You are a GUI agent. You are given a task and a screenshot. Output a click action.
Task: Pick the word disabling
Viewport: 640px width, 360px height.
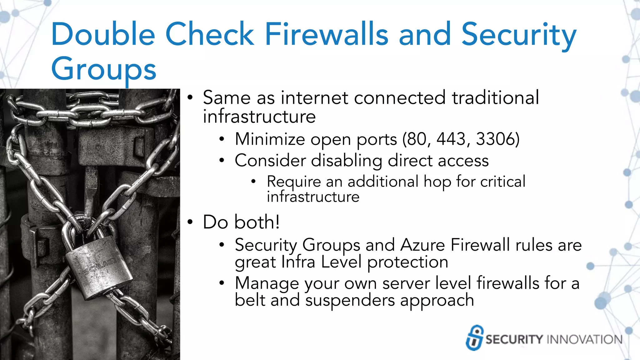[347, 161]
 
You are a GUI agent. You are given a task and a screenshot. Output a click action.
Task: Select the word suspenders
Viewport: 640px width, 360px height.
[350, 301]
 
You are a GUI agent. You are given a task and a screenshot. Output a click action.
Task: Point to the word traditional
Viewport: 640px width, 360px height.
[495, 97]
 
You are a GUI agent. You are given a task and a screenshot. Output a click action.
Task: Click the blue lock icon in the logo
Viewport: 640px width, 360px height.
[474, 338]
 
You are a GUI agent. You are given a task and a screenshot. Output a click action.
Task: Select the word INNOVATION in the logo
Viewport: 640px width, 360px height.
[585, 339]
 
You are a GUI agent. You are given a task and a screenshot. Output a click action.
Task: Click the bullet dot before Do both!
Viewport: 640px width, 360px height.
[190, 222]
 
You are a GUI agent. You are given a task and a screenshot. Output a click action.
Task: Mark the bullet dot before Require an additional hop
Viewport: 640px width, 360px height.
[253, 181]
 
